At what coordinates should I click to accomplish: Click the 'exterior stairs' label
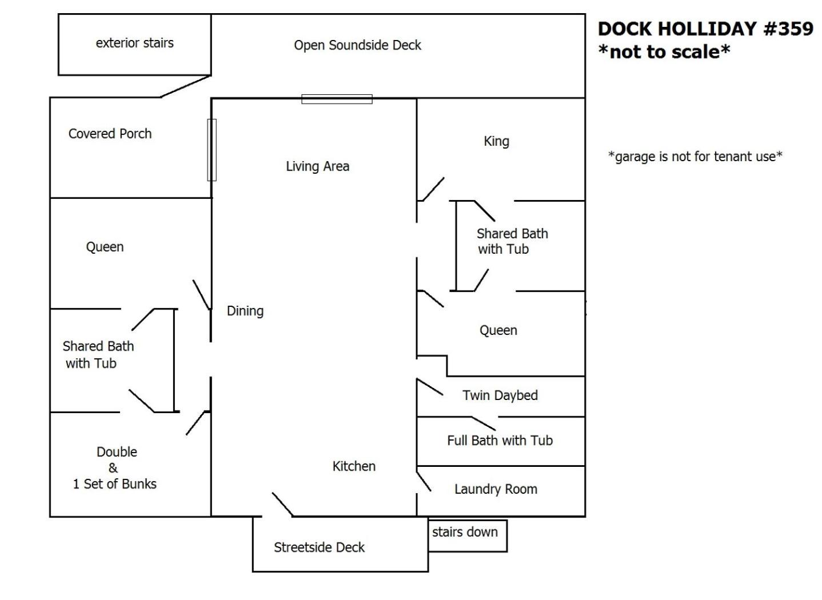pos(135,43)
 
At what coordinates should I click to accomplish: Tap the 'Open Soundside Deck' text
pos(357,45)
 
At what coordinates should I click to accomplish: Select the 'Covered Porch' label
pos(110,134)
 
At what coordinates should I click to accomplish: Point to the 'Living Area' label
pos(317,166)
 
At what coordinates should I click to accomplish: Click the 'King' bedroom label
pos(497,141)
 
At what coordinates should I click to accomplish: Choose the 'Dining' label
pos(245,311)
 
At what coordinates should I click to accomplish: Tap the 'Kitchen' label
pos(354,466)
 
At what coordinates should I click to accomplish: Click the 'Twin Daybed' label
pos(500,395)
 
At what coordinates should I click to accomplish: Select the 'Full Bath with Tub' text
pos(500,440)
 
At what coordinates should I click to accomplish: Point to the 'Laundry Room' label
pos(496,489)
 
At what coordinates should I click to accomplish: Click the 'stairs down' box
pos(468,535)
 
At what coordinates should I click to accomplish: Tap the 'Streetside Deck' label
pos(320,547)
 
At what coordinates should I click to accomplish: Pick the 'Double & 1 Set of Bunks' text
pos(115,467)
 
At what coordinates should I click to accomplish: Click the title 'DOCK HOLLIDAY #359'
pos(705,29)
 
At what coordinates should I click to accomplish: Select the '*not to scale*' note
pos(664,51)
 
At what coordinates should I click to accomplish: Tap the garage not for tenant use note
pos(695,157)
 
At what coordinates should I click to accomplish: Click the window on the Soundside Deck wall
pos(337,99)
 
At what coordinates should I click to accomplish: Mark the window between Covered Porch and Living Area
pos(212,150)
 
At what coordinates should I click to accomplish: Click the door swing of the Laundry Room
pos(424,482)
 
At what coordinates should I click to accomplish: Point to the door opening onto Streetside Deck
pos(282,505)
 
